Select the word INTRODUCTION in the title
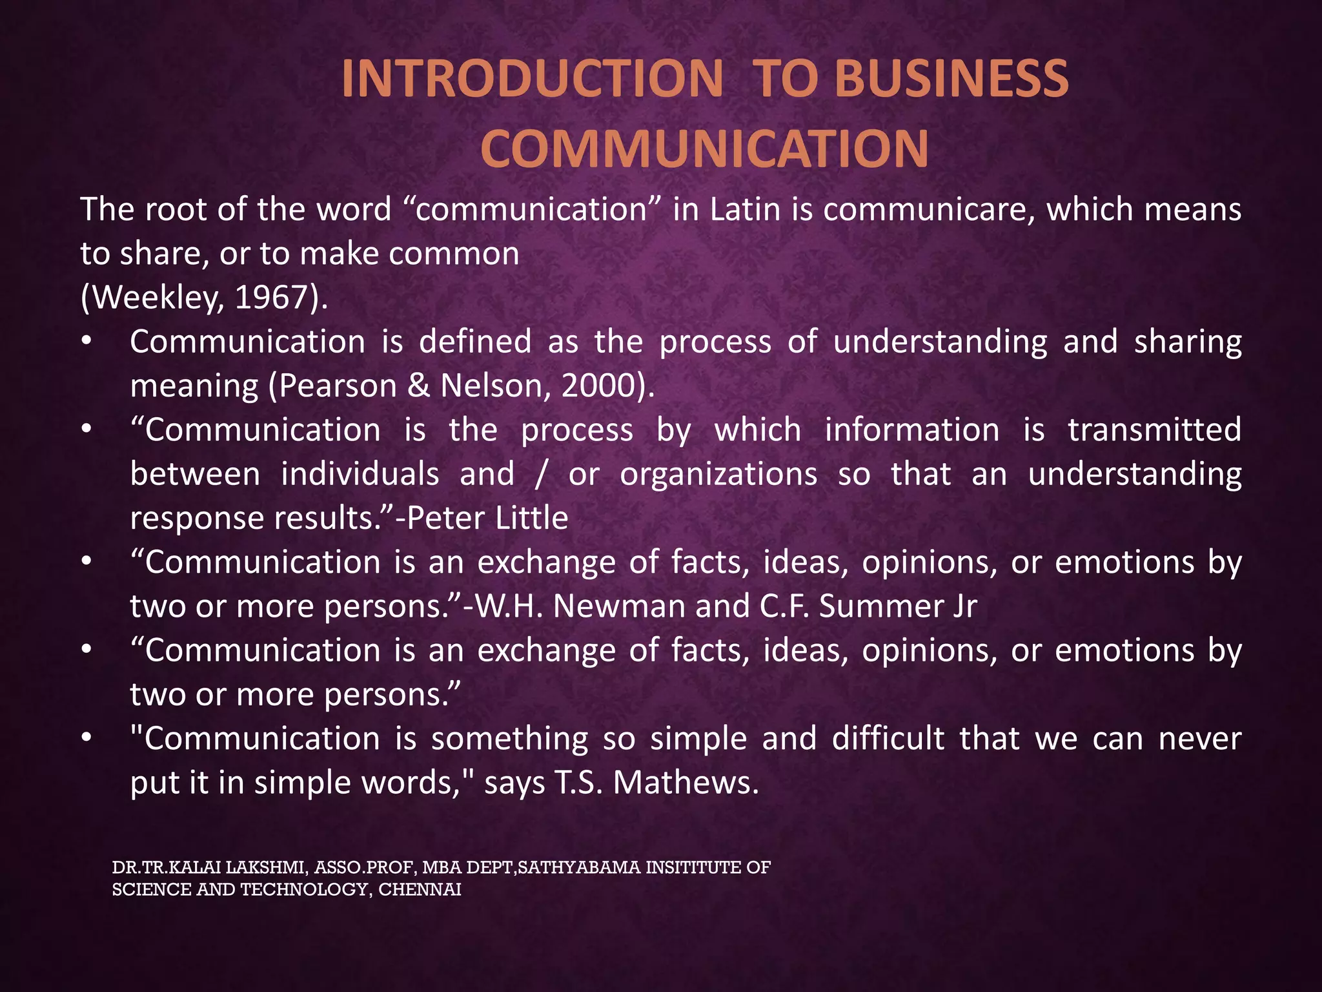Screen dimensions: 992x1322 [x=532, y=79]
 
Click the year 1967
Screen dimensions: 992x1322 [x=272, y=298]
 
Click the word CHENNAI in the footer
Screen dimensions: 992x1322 [x=420, y=890]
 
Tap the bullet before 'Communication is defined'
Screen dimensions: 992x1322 [x=86, y=342]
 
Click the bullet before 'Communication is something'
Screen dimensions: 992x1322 [x=86, y=739]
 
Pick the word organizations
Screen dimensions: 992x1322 [x=718, y=475]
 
